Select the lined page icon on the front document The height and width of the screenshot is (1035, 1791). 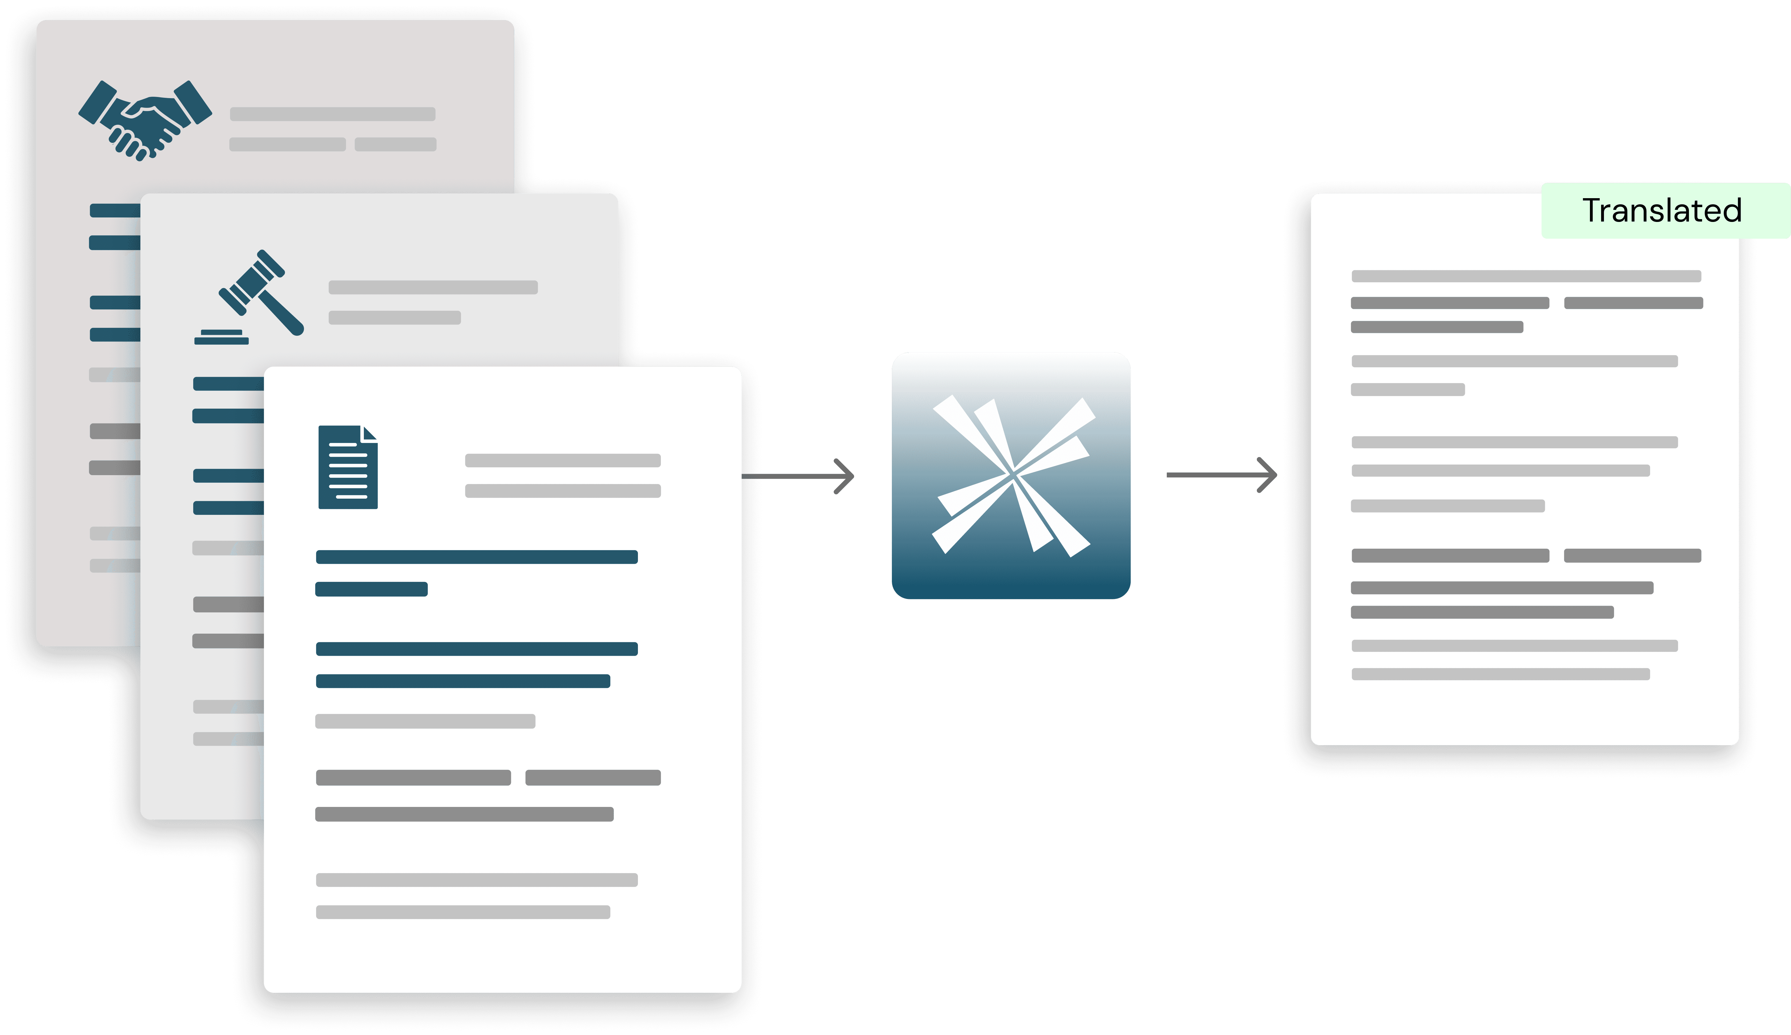click(x=348, y=467)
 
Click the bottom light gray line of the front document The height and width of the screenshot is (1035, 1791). click(x=463, y=912)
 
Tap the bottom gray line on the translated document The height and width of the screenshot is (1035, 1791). click(x=1500, y=674)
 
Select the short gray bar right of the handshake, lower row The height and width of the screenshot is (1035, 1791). click(x=395, y=144)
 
